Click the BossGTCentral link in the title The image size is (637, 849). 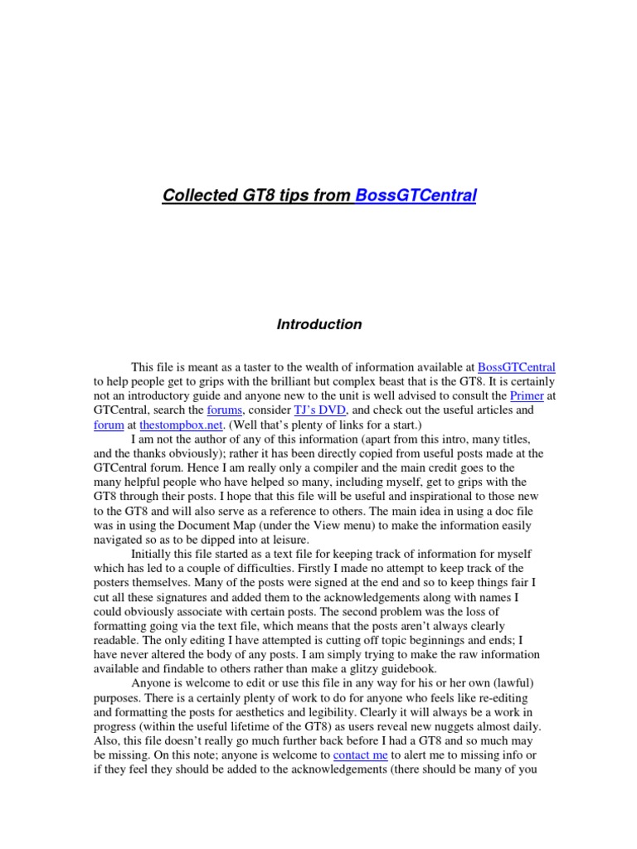pyautogui.click(x=415, y=196)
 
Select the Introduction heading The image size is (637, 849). pyautogui.click(x=319, y=325)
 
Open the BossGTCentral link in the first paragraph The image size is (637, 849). pyautogui.click(x=517, y=366)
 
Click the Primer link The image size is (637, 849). pyautogui.click(x=527, y=395)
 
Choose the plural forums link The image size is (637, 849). pyautogui.click(x=224, y=410)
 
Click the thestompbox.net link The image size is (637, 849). pyautogui.click(x=175, y=424)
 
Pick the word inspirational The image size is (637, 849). pyautogui.click(x=448, y=497)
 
